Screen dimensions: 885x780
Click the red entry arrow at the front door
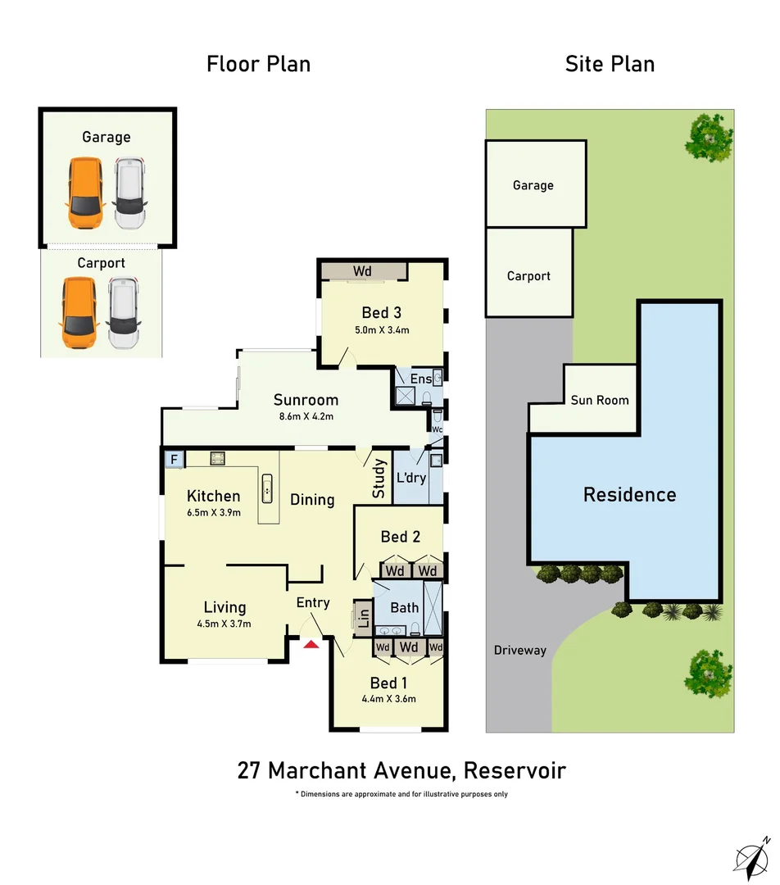pos(311,645)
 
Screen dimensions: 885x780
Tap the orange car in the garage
pos(84,193)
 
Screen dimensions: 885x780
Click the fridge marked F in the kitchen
pos(173,460)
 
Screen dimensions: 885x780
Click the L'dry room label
pos(410,477)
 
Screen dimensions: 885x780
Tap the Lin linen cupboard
pos(363,617)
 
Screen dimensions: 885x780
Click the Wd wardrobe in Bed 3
pos(363,270)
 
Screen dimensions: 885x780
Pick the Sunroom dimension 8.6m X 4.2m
pos(306,416)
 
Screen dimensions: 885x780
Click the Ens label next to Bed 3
pos(420,379)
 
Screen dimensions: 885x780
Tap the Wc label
pos(437,429)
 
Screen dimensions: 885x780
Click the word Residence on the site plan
pos(629,495)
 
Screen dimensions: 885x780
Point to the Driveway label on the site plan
pos(519,651)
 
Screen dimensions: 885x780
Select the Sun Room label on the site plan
pos(600,400)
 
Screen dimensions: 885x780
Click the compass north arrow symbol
pos(753,856)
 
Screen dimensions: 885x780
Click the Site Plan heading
pos(610,64)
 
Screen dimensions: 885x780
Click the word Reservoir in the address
pos(515,771)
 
